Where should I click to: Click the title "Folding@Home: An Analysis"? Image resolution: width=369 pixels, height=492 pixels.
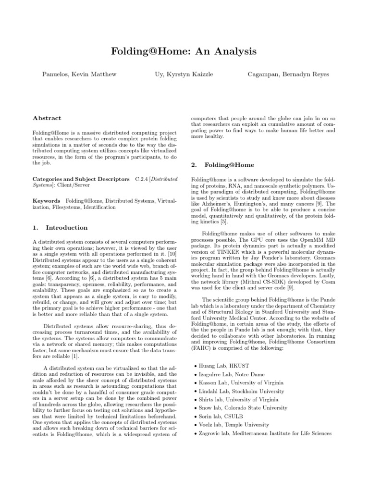pyautogui.click(x=184, y=51)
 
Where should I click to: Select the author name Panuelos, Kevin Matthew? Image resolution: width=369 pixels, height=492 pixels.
pyautogui.click(x=76, y=74)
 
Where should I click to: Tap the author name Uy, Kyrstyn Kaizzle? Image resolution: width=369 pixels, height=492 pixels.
pyautogui.click(x=184, y=74)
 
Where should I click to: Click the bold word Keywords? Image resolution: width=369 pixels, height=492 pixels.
pyautogui.click(x=46, y=200)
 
